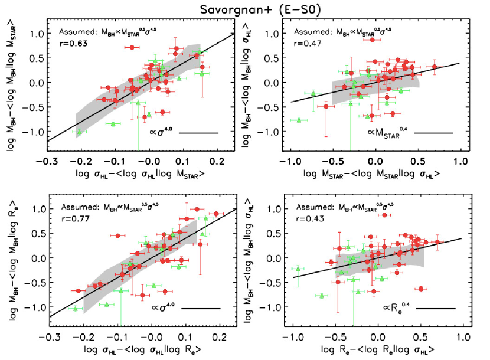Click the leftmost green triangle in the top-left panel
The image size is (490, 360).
(x=79, y=132)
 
